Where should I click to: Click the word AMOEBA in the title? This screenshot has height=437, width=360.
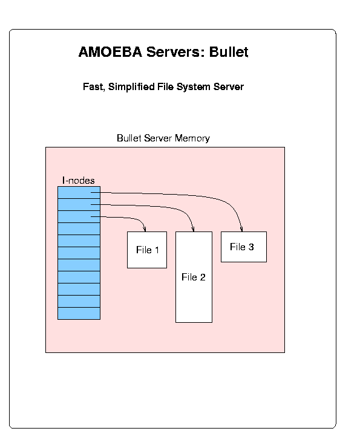tap(110, 52)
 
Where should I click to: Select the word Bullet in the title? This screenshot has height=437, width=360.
tap(229, 52)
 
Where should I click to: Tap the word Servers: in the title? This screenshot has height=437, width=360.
tap(175, 52)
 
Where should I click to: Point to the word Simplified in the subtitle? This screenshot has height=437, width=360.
tap(131, 87)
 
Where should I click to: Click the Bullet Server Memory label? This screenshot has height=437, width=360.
tap(163, 138)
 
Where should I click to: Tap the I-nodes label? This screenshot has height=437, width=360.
tap(79, 181)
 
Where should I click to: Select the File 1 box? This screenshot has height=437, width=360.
tap(147, 250)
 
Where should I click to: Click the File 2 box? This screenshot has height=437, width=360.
tap(194, 277)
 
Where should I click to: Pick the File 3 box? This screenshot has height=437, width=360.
tap(244, 247)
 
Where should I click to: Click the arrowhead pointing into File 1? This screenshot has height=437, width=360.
tap(145, 229)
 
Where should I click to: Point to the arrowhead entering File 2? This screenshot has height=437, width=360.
tap(193, 229)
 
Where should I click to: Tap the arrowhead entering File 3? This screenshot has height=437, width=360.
tap(241, 229)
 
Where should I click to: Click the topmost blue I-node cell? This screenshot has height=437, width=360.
tap(79, 193)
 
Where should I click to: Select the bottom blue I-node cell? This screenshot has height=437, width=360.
tap(79, 313)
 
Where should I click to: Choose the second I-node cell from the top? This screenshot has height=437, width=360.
tap(79, 204)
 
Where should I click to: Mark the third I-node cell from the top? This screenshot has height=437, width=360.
tap(79, 216)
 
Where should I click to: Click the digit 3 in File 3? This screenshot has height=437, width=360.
tap(251, 247)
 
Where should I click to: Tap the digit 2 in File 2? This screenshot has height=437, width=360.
tap(203, 277)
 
